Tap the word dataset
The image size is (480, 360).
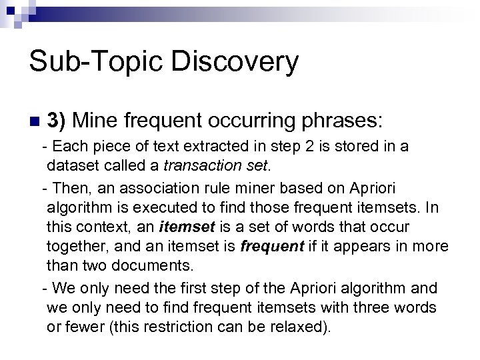pyautogui.click(x=69, y=163)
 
